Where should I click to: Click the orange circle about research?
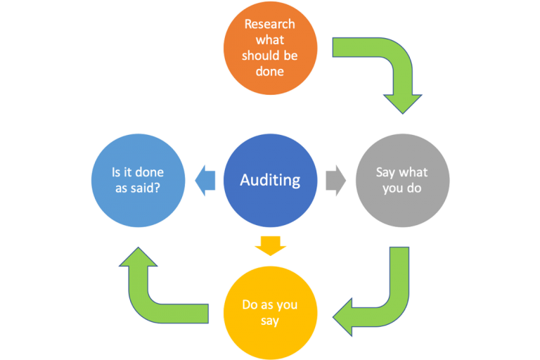point(270,48)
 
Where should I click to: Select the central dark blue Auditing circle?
point(270,180)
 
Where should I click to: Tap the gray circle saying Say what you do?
point(402,180)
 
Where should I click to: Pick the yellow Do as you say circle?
point(270,312)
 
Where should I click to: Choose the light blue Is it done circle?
point(139,180)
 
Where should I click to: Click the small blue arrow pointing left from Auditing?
point(205,180)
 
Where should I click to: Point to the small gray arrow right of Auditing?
point(336,180)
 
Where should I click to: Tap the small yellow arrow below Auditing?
point(270,245)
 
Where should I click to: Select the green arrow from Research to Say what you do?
point(394,70)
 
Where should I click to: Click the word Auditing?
point(270,181)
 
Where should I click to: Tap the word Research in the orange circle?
point(270,24)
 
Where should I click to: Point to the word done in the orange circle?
point(270,71)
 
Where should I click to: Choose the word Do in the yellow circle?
point(250,305)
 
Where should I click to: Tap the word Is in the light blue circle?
point(117,172)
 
